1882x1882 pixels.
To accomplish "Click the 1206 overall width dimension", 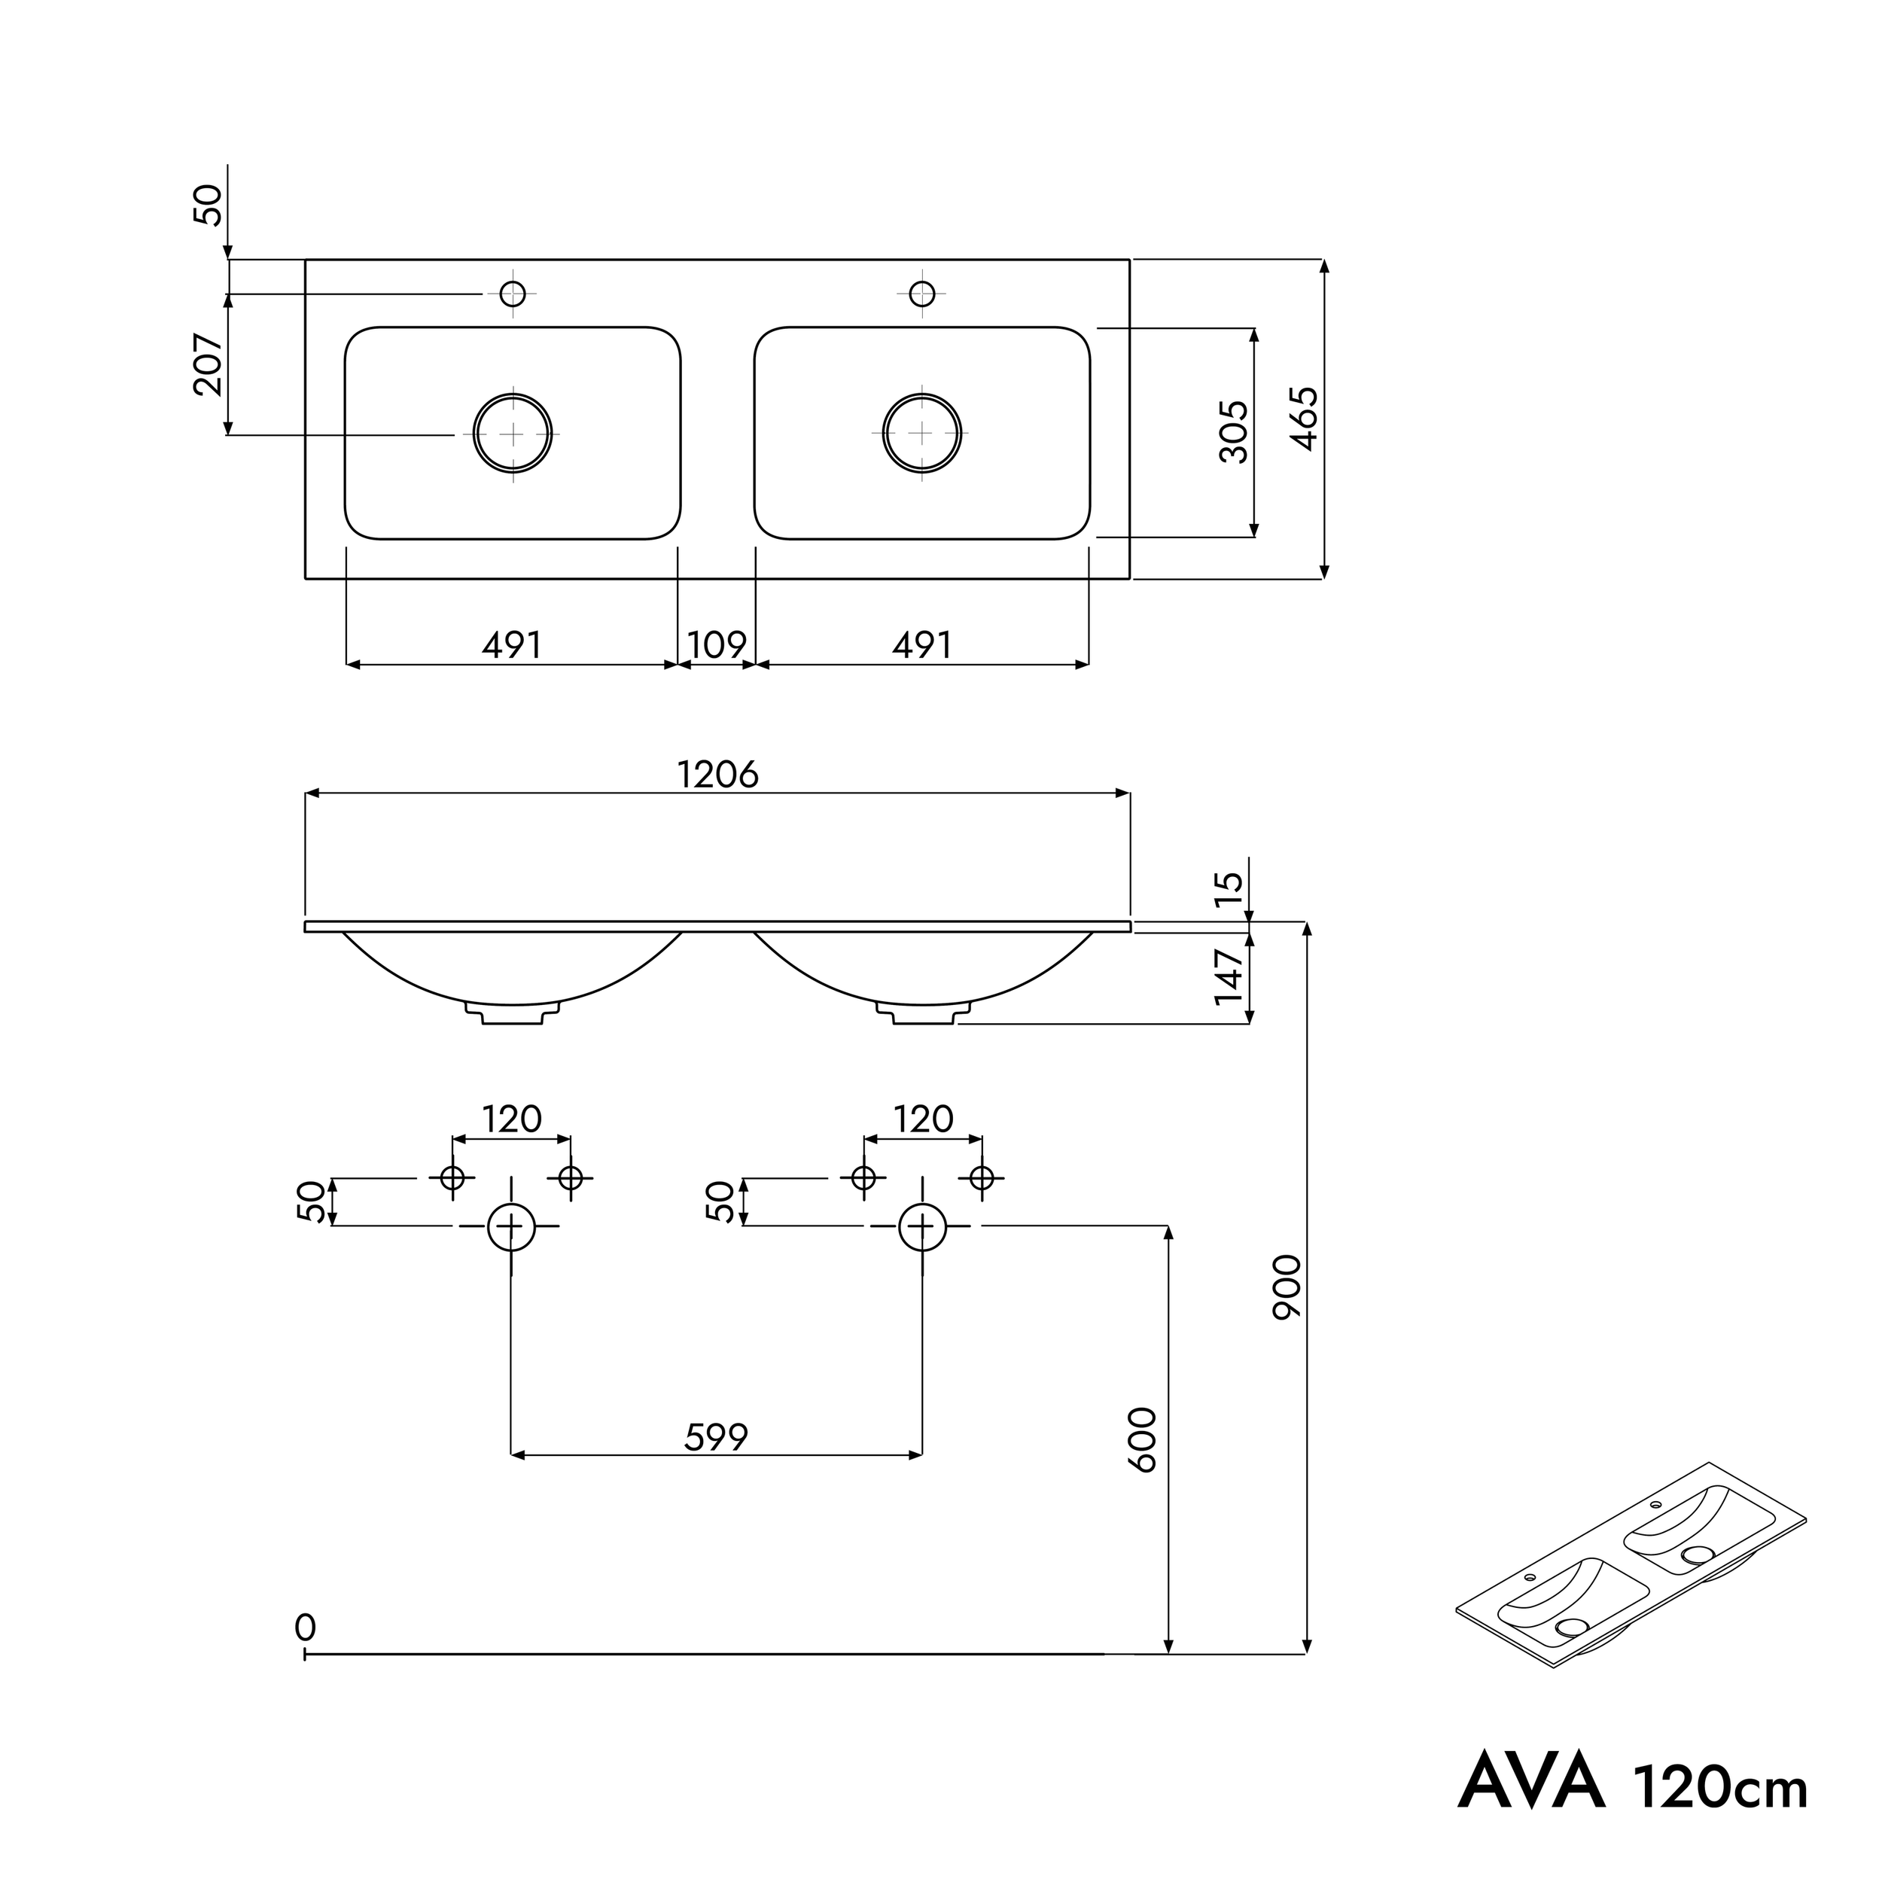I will tap(718, 775).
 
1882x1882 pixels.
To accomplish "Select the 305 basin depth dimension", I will tap(1233, 431).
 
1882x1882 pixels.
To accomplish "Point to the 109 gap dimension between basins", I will tap(717, 645).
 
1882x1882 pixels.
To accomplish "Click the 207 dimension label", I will tap(209, 364).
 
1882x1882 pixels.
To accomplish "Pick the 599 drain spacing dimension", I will tap(716, 1438).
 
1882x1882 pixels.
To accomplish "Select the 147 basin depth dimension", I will tap(1230, 977).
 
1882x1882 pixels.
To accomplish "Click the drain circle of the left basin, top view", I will tap(513, 434).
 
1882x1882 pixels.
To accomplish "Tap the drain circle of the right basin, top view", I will tap(922, 434).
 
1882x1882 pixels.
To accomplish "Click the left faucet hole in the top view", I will tap(513, 293).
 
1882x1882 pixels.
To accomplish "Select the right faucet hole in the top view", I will tap(922, 293).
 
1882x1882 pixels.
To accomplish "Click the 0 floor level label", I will tap(305, 1628).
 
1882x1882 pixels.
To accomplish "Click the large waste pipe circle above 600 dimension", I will tap(922, 1226).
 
